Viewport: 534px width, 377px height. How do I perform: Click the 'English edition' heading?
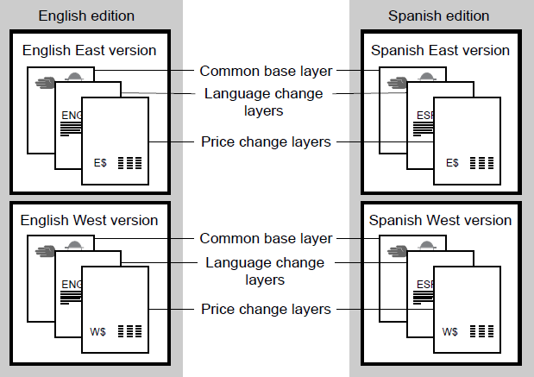(x=86, y=16)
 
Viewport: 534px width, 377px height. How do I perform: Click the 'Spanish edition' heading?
(x=438, y=16)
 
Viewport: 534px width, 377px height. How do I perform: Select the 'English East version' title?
(x=89, y=51)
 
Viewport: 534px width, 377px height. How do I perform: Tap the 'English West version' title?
(x=90, y=220)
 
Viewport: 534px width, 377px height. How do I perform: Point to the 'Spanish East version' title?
(x=440, y=51)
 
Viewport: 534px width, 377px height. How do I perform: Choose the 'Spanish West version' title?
(x=441, y=220)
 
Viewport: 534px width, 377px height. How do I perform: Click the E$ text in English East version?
(x=101, y=162)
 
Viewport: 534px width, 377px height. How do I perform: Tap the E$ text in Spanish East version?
(x=452, y=162)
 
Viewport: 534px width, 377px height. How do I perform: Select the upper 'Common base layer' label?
(x=266, y=70)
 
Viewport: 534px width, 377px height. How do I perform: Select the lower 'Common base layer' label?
(x=266, y=238)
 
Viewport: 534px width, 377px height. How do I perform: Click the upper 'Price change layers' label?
(x=266, y=141)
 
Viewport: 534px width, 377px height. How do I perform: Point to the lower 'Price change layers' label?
(x=266, y=309)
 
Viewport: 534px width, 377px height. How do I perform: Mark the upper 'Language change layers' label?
(x=263, y=101)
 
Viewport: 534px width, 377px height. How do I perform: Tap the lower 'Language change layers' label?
(x=263, y=270)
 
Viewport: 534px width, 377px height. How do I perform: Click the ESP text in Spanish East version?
(x=423, y=114)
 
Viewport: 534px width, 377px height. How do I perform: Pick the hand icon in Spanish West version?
(x=396, y=251)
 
